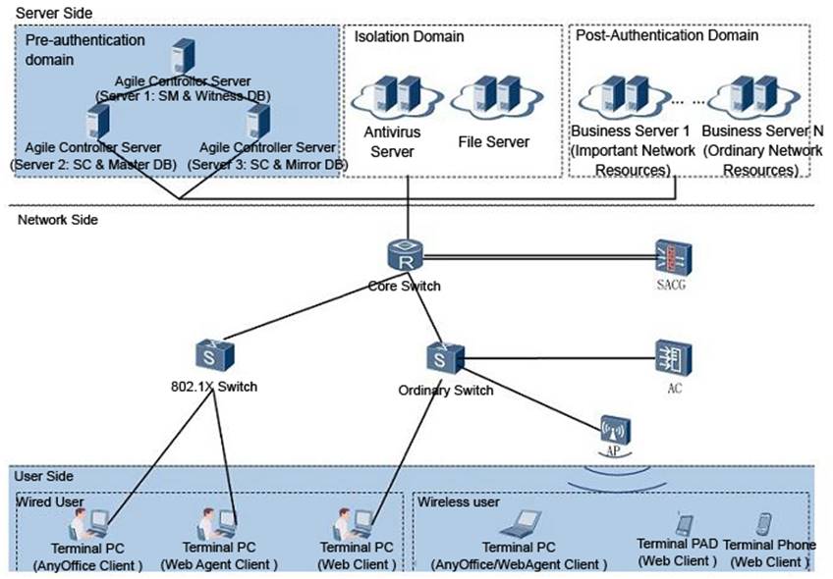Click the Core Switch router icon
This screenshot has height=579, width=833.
pyautogui.click(x=406, y=255)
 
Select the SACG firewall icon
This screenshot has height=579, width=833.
pyautogui.click(x=673, y=258)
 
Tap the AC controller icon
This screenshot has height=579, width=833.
pyautogui.click(x=674, y=359)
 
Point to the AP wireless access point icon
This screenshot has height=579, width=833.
pyautogui.click(x=615, y=430)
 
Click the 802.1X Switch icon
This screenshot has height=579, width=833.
pyautogui.click(x=214, y=355)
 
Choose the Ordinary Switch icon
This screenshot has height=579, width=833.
pyautogui.click(x=445, y=356)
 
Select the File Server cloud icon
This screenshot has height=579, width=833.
pyautogui.click(x=497, y=96)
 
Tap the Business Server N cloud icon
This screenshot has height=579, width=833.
pyautogui.click(x=754, y=96)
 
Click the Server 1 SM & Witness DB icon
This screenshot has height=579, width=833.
pyautogui.click(x=184, y=56)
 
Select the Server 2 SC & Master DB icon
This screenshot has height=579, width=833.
pyautogui.click(x=98, y=122)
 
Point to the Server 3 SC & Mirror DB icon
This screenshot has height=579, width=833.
pyautogui.click(x=258, y=122)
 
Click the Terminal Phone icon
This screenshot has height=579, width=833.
pyautogui.click(x=764, y=523)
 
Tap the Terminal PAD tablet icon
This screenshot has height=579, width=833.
pyautogui.click(x=685, y=523)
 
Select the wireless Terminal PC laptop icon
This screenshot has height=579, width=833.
pyautogui.click(x=522, y=524)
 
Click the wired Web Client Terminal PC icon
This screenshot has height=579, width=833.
pyautogui.click(x=354, y=524)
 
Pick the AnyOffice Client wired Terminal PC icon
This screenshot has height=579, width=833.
pyautogui.click(x=88, y=524)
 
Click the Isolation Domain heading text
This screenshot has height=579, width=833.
pyautogui.click(x=409, y=36)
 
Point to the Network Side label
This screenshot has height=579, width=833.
pyautogui.click(x=58, y=220)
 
